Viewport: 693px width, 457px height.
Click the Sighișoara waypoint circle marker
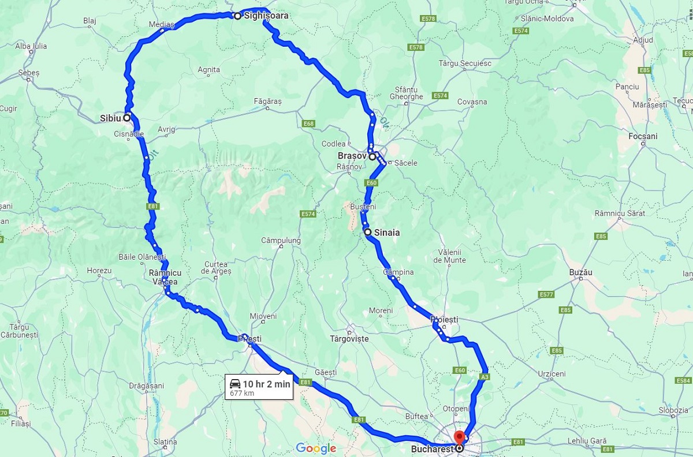tap(237, 16)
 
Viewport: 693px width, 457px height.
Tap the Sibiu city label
tap(110, 118)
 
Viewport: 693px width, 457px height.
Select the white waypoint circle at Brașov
tap(372, 156)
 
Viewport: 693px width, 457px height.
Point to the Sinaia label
tap(387, 233)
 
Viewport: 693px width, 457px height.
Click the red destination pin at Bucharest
tap(460, 437)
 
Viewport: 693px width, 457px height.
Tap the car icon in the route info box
tap(235, 384)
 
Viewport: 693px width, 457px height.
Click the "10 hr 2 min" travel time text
tap(266, 384)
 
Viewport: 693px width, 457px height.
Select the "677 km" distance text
tap(242, 394)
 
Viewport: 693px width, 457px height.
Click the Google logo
tap(316, 448)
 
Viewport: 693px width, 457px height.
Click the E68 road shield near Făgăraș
tap(308, 123)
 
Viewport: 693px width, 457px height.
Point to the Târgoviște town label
tap(349, 339)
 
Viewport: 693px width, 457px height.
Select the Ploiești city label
tap(444, 319)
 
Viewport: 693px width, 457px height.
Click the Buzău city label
tap(581, 272)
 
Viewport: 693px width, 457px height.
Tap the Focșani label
tap(643, 136)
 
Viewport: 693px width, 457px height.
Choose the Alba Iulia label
tap(31, 46)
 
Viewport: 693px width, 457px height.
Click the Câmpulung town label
tap(281, 240)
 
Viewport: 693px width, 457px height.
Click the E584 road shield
tap(683, 381)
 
